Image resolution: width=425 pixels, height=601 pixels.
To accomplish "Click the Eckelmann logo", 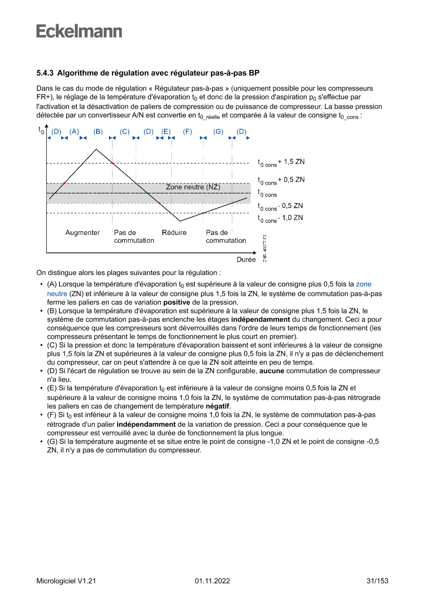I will pos(79,31).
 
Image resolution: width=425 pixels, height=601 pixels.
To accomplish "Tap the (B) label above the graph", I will pos(98,132).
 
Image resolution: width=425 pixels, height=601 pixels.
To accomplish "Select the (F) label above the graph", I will pos(187,132).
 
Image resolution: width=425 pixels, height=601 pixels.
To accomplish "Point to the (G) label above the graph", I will pos(218,132).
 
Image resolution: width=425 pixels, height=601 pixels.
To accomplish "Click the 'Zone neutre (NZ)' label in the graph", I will pos(193,187).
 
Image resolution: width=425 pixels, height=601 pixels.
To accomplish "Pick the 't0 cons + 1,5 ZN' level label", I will pos(281,162).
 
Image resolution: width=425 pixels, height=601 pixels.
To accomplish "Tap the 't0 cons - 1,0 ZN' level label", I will pos(280,218).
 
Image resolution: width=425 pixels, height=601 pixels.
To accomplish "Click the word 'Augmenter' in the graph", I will pos(83,233).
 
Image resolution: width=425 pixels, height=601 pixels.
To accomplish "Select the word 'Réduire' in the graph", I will pos(174,233).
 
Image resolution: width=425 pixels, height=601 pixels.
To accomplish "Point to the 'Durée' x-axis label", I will pos(246,260).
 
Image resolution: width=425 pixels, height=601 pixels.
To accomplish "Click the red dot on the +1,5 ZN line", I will pos(112,163).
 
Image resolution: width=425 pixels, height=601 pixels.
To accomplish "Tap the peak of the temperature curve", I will pos(96,149).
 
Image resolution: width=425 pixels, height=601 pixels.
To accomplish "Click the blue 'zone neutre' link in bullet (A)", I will pos(363,284).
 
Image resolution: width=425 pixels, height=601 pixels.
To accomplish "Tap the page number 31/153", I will pos(377,581).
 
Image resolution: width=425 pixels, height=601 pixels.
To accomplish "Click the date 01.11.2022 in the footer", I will pos(212,581).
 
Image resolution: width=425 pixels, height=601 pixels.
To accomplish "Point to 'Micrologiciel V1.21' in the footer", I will pos(66,581).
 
